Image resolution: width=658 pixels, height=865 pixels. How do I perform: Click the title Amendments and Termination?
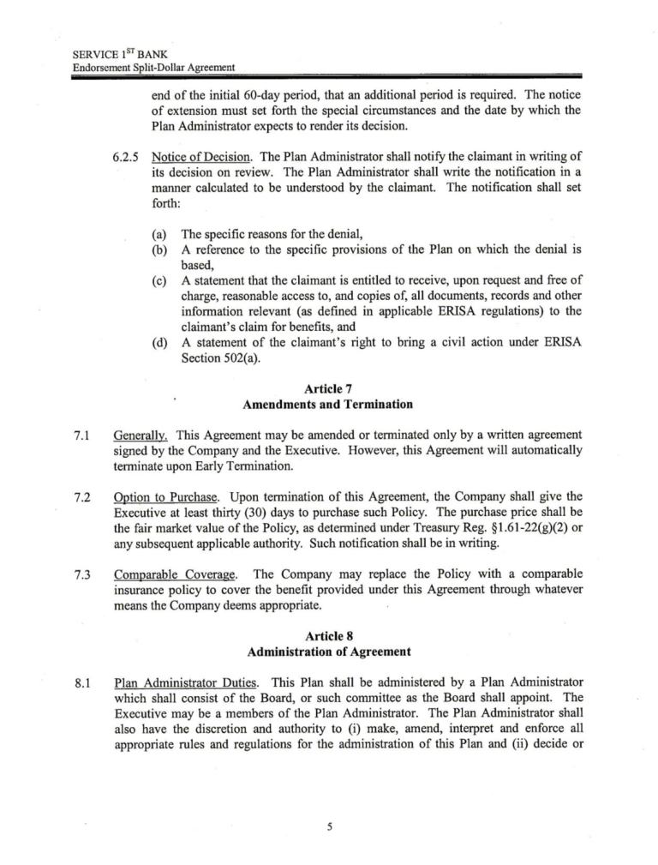point(327,404)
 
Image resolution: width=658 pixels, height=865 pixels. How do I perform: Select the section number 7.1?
point(83,436)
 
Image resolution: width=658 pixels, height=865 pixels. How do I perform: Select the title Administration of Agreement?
point(327,652)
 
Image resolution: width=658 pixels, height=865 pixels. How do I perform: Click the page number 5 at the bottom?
point(329,826)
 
